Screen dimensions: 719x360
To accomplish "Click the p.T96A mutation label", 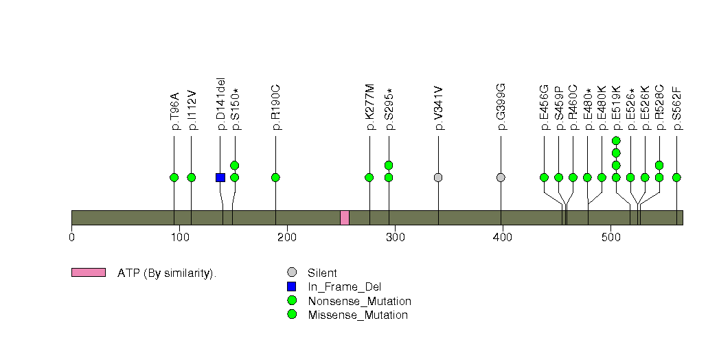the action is tap(174, 111).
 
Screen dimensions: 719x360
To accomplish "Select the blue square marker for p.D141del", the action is tap(220, 177).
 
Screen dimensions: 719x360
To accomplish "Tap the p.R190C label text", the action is tap(275, 108).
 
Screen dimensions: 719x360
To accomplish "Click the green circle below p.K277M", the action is tap(369, 177).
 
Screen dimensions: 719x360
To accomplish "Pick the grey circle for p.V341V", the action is tap(438, 177).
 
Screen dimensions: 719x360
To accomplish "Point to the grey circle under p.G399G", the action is tap(501, 177).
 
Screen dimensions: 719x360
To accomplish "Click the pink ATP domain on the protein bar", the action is tap(344, 218).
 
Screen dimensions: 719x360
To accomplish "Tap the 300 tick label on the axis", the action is tap(396, 238).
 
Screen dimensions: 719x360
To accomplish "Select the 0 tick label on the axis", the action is tap(71, 238).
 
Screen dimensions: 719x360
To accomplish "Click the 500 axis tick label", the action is tap(610, 238).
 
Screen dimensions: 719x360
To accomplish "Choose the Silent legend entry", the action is tap(322, 273).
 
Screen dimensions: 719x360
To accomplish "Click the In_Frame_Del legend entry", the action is tap(344, 287).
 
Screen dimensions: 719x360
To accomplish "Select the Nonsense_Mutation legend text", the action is tap(360, 302).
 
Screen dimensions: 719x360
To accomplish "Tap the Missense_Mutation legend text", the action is tap(358, 315).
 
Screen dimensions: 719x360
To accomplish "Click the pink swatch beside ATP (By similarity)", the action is tap(89, 273).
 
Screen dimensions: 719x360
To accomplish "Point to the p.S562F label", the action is tap(677, 109).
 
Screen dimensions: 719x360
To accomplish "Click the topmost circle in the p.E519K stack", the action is tap(616, 140).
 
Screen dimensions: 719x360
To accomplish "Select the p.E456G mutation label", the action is tap(545, 107).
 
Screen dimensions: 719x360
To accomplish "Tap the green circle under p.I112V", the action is tap(191, 177).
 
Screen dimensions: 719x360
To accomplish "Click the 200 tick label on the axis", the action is tap(287, 238).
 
